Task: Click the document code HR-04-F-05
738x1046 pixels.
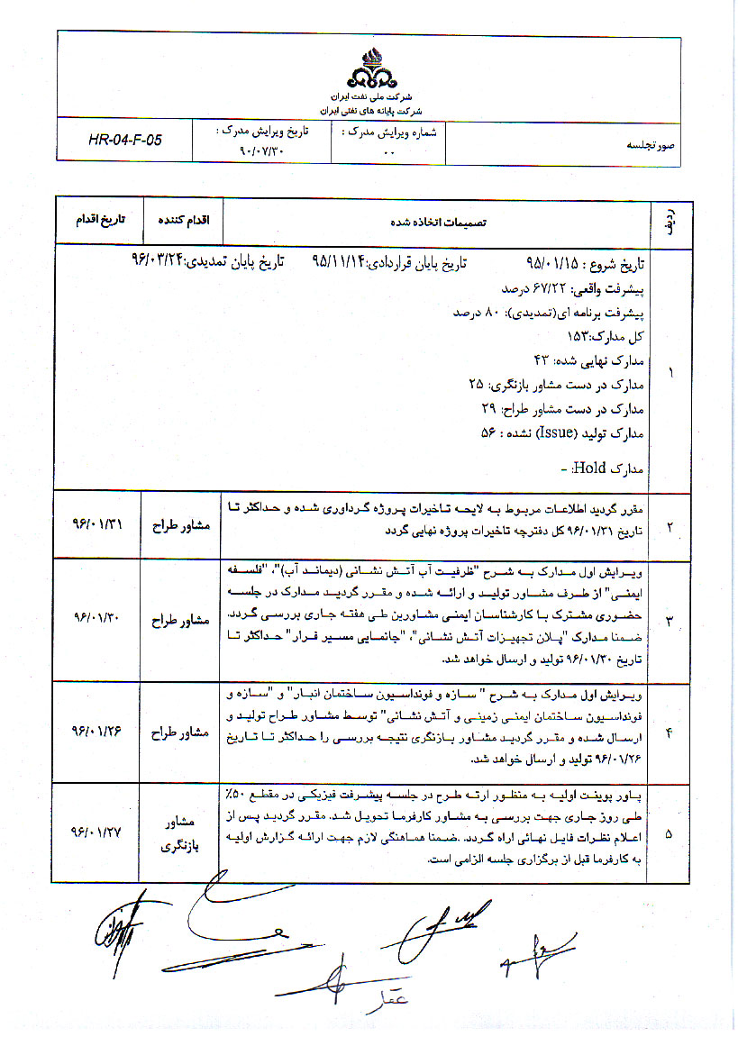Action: pyautogui.click(x=125, y=140)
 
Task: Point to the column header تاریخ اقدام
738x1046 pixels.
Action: pyautogui.click(x=98, y=220)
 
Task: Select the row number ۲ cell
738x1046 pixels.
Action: pyautogui.click(x=668, y=523)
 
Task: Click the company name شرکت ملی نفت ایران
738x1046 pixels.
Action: pyautogui.click(x=368, y=96)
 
